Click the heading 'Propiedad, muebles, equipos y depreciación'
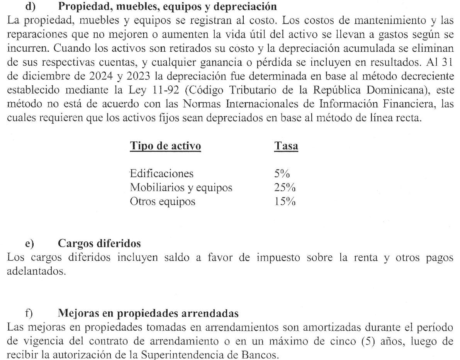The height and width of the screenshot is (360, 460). coord(167,7)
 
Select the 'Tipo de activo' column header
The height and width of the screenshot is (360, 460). coord(165,147)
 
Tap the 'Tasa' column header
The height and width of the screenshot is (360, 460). coord(286,147)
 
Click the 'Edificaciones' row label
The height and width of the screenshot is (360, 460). coord(161,173)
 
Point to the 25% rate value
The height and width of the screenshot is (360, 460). coord(285,188)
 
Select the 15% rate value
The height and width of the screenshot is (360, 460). coord(285,202)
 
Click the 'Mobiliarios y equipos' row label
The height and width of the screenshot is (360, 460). coord(181,188)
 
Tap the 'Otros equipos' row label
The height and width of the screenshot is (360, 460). coord(163,202)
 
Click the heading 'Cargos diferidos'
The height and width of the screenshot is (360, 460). coord(99,244)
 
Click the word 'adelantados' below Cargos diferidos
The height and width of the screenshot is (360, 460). coord(36,272)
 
